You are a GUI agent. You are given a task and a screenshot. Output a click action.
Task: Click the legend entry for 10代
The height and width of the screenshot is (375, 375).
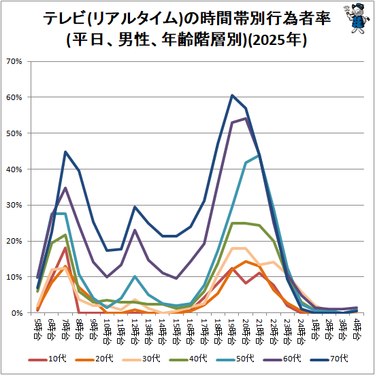48,359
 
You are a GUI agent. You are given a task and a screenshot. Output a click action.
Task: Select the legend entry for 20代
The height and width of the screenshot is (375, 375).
94,359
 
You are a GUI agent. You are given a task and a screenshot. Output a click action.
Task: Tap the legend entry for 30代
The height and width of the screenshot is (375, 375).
141,359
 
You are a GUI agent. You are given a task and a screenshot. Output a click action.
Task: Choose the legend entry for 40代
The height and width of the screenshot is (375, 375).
188,359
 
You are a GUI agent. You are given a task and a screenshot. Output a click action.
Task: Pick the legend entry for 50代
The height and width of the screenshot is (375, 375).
235,359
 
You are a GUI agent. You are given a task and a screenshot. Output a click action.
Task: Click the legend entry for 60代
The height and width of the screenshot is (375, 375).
282,359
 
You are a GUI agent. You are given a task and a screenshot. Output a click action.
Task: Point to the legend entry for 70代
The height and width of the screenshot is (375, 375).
329,359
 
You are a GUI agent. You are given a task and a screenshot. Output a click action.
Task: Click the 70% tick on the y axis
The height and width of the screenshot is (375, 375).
14,62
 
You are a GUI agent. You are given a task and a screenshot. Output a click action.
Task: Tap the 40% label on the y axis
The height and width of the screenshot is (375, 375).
14,169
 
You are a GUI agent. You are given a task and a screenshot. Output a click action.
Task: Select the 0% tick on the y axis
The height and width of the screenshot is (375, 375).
17,313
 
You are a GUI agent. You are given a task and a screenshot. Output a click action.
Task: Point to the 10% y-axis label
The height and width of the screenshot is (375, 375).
14,277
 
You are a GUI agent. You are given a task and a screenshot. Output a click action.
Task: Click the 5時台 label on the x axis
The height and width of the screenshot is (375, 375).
37,329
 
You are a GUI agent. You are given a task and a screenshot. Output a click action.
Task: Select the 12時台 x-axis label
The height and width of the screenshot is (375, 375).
135,331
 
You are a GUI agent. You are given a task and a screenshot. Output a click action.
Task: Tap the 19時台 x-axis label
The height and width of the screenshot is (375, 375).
232,331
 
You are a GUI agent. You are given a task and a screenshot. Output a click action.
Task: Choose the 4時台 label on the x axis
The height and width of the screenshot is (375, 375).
357,329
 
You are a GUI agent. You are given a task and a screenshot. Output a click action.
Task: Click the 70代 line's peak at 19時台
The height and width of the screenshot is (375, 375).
232,95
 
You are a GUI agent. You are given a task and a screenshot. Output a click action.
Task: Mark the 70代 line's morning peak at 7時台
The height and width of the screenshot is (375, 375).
65,152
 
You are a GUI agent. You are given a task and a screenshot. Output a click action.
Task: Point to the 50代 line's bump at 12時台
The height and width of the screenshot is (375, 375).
135,276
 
